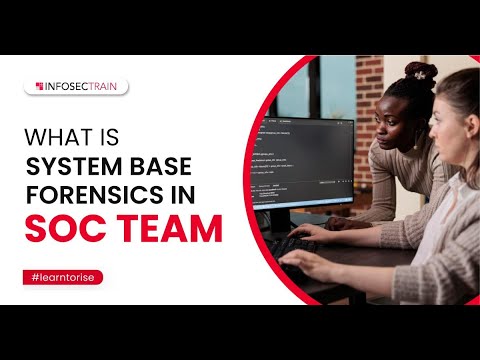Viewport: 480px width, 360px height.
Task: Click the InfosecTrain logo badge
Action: [x=76, y=87]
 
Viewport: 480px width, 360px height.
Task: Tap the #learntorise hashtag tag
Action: [x=62, y=276]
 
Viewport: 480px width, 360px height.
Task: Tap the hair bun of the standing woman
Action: [x=421, y=73]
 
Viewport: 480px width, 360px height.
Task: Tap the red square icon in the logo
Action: [x=38, y=87]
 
